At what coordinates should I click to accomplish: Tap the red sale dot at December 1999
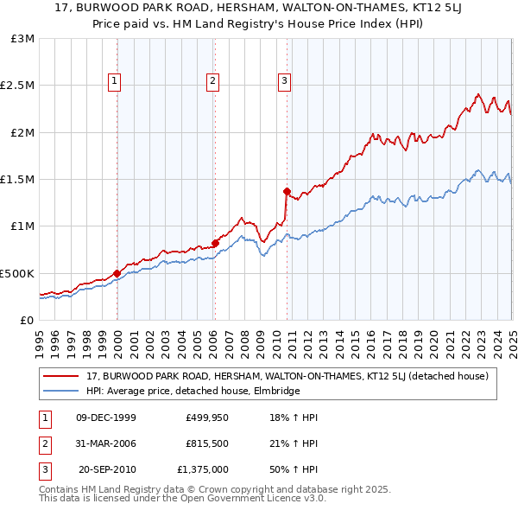pyautogui.click(x=117, y=273)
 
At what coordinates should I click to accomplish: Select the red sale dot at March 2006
pyautogui.click(x=215, y=244)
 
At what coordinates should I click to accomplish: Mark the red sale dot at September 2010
pyautogui.click(x=287, y=191)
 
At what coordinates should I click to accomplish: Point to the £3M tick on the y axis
pyautogui.click(x=23, y=39)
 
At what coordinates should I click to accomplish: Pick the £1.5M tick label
pyautogui.click(x=18, y=180)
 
